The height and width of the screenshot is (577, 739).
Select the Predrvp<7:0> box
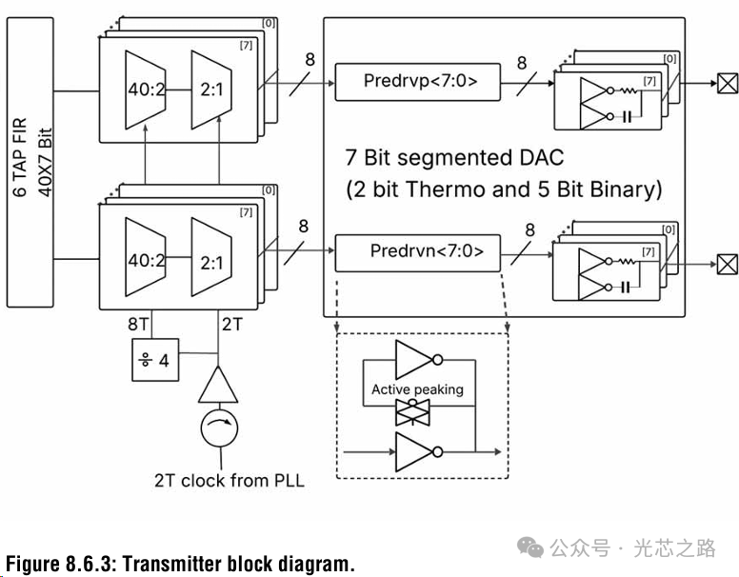(417, 82)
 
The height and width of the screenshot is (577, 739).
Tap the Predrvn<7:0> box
(417, 252)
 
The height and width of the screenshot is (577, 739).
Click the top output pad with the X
(727, 83)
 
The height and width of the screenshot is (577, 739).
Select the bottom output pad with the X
(727, 261)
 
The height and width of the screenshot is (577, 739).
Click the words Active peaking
(417, 389)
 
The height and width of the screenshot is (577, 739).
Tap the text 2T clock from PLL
(230, 480)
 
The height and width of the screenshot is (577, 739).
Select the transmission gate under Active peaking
(417, 410)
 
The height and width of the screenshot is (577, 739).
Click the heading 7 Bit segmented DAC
(454, 156)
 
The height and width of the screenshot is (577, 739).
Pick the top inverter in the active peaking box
(417, 362)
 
